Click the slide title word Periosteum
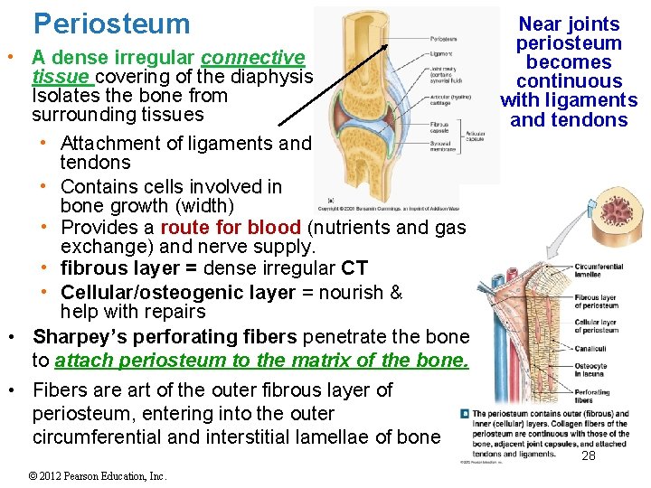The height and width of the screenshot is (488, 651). coord(112,23)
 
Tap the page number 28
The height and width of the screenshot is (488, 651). coord(589,456)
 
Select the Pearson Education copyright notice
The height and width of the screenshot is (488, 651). coord(97,475)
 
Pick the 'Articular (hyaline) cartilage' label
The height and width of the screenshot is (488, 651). coord(444,100)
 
